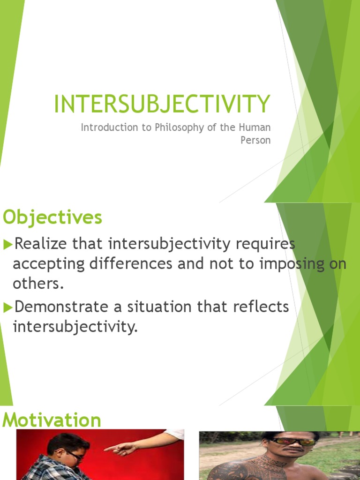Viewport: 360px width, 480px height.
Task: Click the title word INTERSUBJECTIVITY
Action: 162,104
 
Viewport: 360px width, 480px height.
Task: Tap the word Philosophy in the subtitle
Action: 175,127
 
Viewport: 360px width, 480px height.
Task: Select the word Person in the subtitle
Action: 255,140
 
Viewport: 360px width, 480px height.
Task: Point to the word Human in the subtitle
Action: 257,127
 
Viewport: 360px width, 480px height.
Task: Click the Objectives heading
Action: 52,217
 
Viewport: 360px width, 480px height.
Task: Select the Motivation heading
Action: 52,420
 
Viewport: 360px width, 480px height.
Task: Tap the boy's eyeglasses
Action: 75,455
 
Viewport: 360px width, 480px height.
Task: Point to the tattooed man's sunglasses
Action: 292,442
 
